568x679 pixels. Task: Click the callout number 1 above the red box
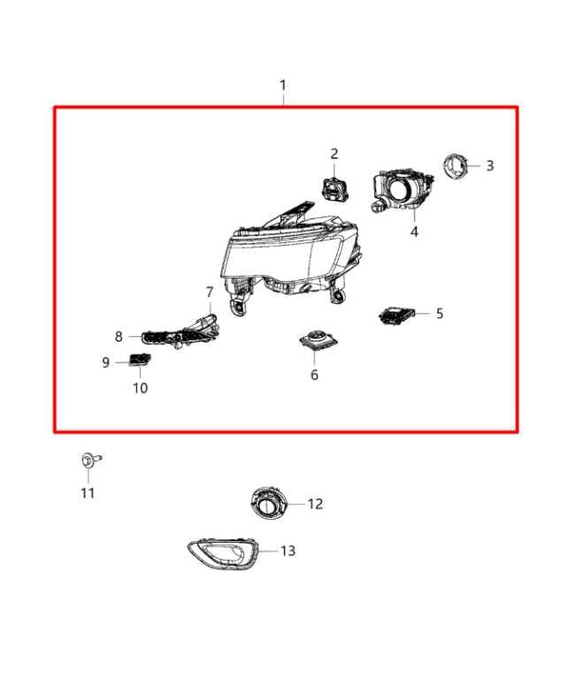click(283, 86)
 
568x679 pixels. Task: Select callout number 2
click(334, 154)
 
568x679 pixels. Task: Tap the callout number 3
click(489, 165)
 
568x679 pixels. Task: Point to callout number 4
click(413, 232)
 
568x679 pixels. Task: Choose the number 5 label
click(439, 313)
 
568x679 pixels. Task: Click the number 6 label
click(314, 375)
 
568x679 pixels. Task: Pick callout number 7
click(210, 292)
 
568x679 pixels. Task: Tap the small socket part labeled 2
click(335, 187)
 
